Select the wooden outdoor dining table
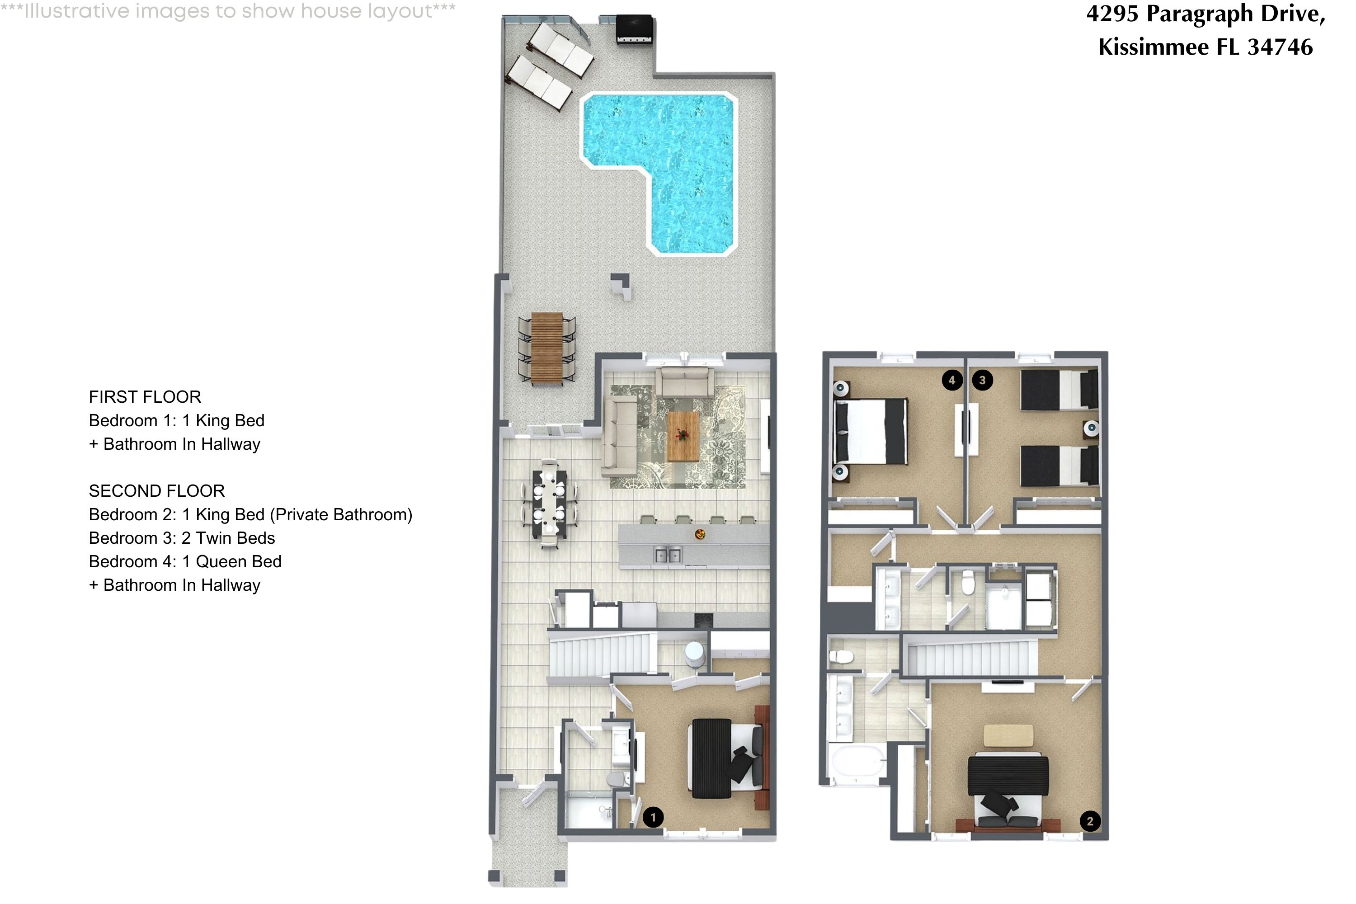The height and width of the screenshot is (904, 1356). [546, 348]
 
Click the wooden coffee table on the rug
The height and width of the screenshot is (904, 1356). [683, 436]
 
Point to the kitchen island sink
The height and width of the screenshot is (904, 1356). [668, 555]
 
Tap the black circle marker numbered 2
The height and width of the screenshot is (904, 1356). [1090, 821]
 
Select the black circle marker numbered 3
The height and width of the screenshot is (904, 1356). [982, 380]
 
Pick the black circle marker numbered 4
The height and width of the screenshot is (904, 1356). [952, 380]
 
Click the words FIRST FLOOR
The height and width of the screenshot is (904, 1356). [145, 397]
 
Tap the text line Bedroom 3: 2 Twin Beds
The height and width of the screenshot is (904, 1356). [182, 538]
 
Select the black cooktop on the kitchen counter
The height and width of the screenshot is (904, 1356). [703, 620]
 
